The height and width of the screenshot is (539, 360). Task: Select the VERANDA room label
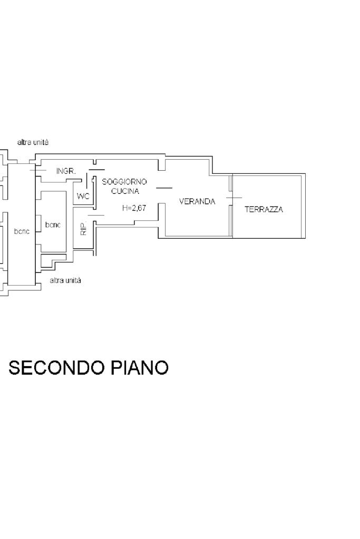(197, 201)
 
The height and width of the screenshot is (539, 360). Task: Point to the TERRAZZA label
(264, 210)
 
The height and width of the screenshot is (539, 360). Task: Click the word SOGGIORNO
(124, 182)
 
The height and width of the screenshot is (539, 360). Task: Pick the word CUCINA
(125, 191)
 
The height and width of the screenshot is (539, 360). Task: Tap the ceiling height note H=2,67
(134, 208)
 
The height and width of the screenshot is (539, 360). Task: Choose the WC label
(83, 196)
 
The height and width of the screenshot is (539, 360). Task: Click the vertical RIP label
(83, 229)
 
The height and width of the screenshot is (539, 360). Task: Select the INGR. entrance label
(66, 171)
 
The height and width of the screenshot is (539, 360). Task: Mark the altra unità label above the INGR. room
(33, 142)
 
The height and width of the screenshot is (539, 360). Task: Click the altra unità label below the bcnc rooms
(65, 281)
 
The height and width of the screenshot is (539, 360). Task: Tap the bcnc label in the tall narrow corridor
(22, 231)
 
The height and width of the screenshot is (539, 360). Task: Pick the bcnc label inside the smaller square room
(53, 225)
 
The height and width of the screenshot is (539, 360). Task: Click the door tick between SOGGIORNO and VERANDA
(164, 188)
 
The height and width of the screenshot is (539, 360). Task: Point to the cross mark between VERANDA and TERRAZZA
(233, 198)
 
